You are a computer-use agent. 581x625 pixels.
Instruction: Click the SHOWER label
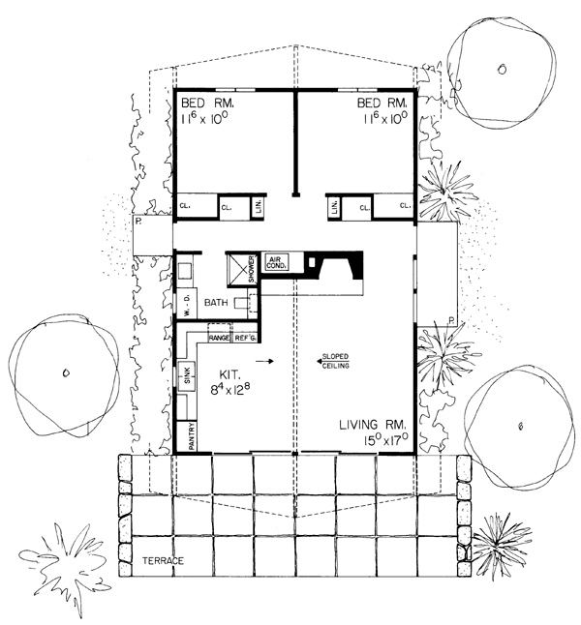[x=251, y=269]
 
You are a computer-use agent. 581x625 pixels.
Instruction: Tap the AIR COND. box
[x=276, y=262]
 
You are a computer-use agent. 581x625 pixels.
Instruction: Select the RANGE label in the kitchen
[x=220, y=338]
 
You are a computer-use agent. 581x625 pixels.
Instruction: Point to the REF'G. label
[x=245, y=338]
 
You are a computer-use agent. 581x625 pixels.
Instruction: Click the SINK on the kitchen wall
[x=187, y=372]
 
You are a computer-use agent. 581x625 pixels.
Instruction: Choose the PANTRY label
[x=192, y=436]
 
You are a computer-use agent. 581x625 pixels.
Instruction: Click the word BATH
[x=216, y=303]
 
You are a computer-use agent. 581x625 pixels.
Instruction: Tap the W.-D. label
[x=187, y=305]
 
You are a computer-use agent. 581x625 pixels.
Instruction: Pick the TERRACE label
[x=164, y=561]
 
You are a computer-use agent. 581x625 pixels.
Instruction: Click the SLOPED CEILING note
[x=335, y=361]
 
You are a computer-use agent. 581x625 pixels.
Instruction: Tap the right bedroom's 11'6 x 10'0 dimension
[x=385, y=118]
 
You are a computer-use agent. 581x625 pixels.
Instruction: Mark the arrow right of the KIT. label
[x=264, y=361]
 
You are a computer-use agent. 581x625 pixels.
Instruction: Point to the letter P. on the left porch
[x=138, y=221]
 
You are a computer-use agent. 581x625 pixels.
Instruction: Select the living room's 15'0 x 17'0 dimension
[x=385, y=440]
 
